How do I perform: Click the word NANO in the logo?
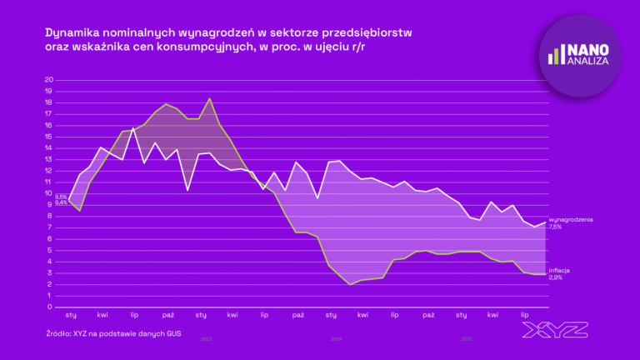587,49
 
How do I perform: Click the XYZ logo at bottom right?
554,330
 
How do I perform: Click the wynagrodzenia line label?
571,219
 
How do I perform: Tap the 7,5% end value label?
556,227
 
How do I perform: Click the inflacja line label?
560,270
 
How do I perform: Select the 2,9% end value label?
556,277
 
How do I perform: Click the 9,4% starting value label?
61,203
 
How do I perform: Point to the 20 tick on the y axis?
48,80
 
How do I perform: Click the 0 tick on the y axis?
51,307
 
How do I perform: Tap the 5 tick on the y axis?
51,250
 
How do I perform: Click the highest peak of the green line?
209,99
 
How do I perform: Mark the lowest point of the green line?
350,284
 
